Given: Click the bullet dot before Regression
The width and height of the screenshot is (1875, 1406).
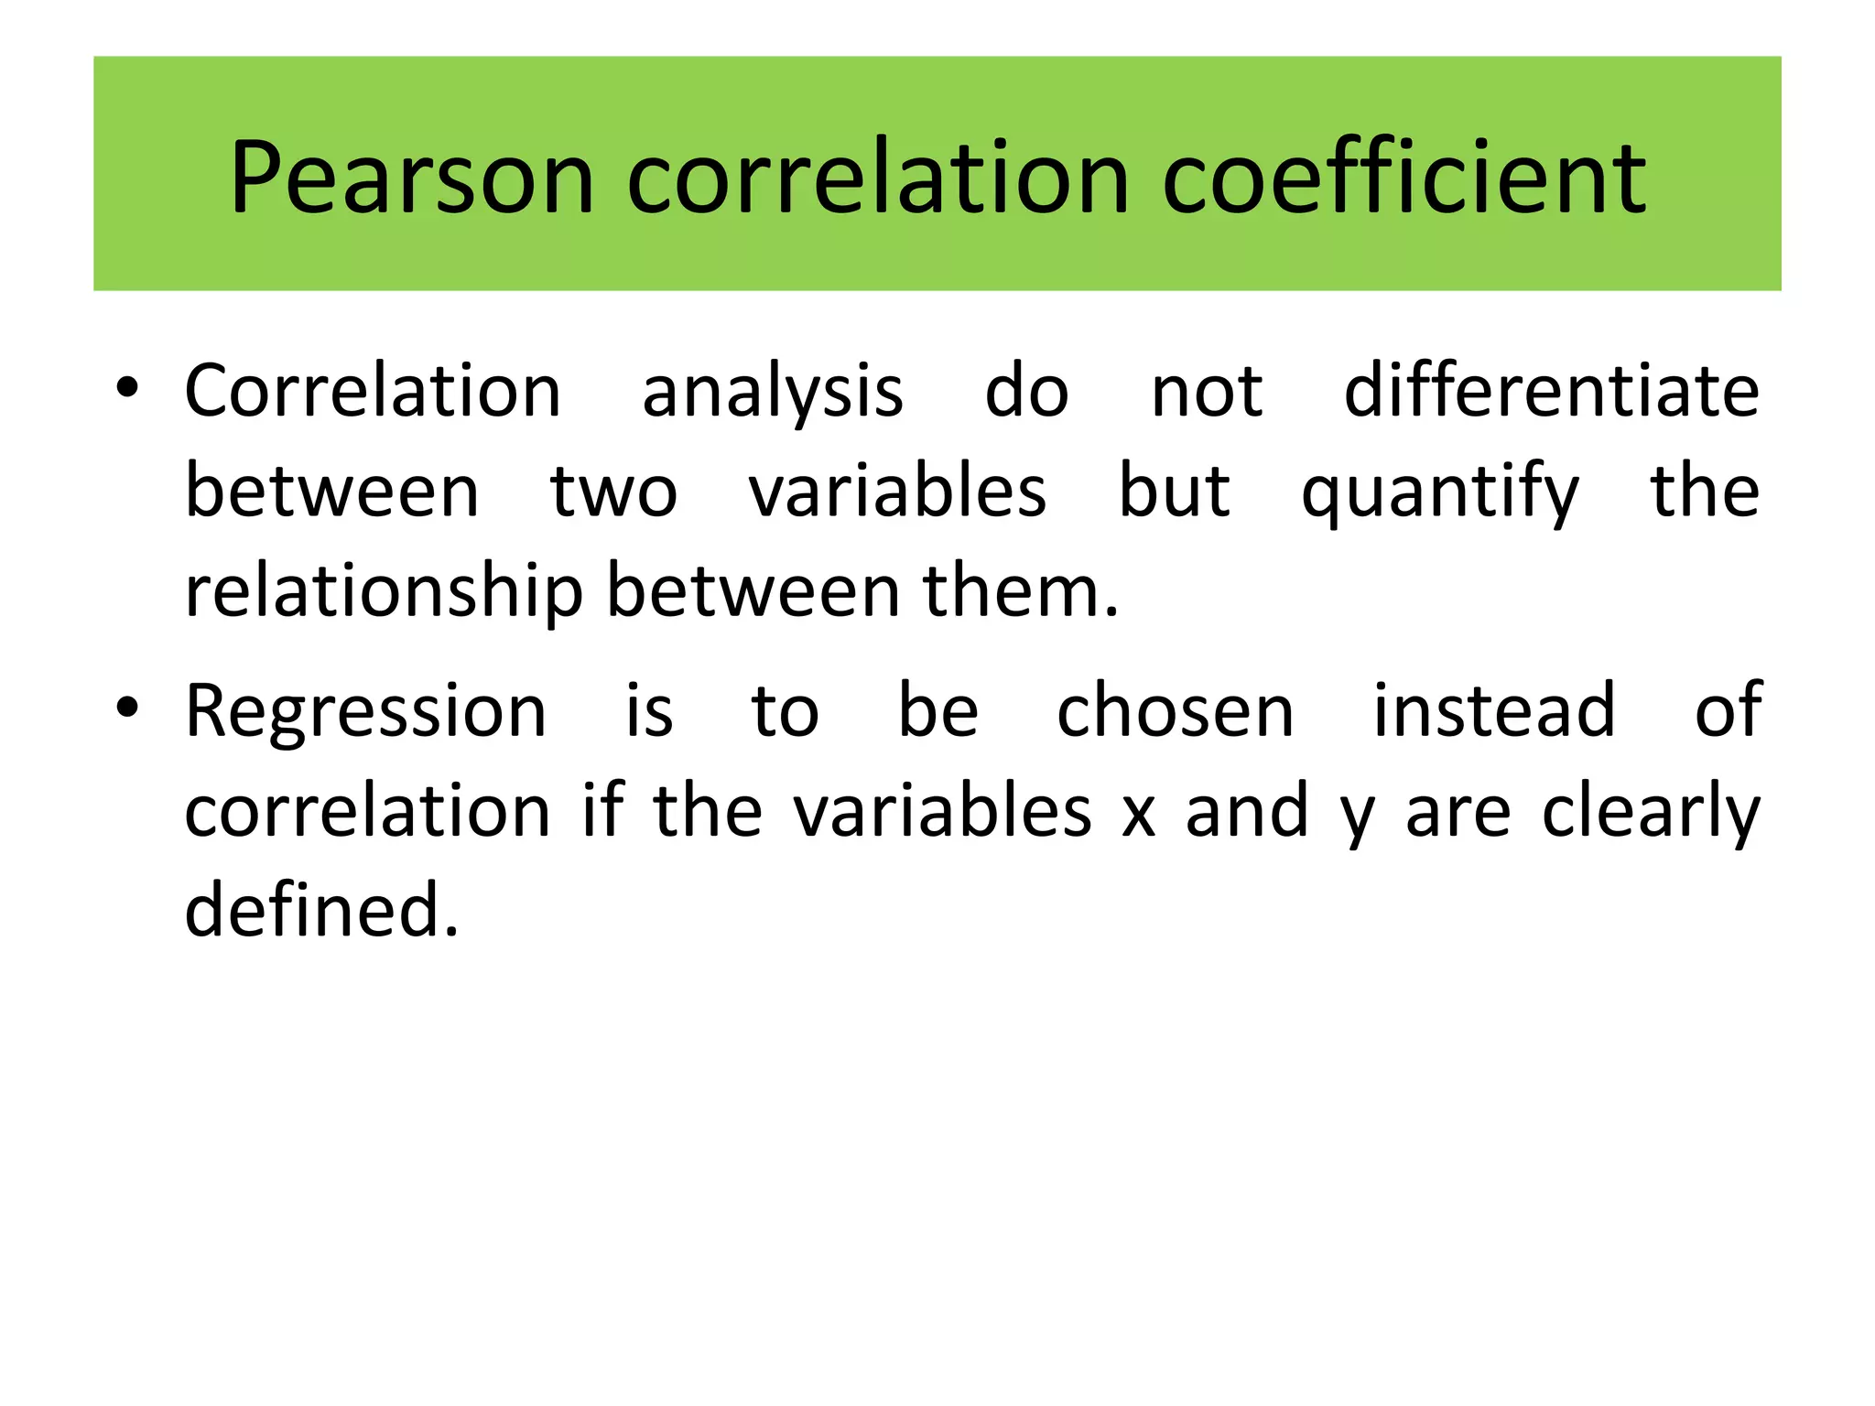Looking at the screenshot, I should point(127,707).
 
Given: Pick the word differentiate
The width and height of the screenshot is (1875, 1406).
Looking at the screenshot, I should point(1551,391).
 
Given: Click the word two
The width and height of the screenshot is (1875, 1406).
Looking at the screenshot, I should point(613,492).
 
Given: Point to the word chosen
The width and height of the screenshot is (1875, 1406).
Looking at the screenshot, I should point(1176,711).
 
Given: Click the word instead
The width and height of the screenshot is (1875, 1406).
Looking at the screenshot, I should point(1494,711).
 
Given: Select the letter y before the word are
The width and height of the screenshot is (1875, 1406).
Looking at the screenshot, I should point(1357,817).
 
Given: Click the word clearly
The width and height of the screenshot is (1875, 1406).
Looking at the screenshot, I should point(1651,813).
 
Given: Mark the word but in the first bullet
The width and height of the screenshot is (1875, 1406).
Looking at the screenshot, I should point(1175,492).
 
